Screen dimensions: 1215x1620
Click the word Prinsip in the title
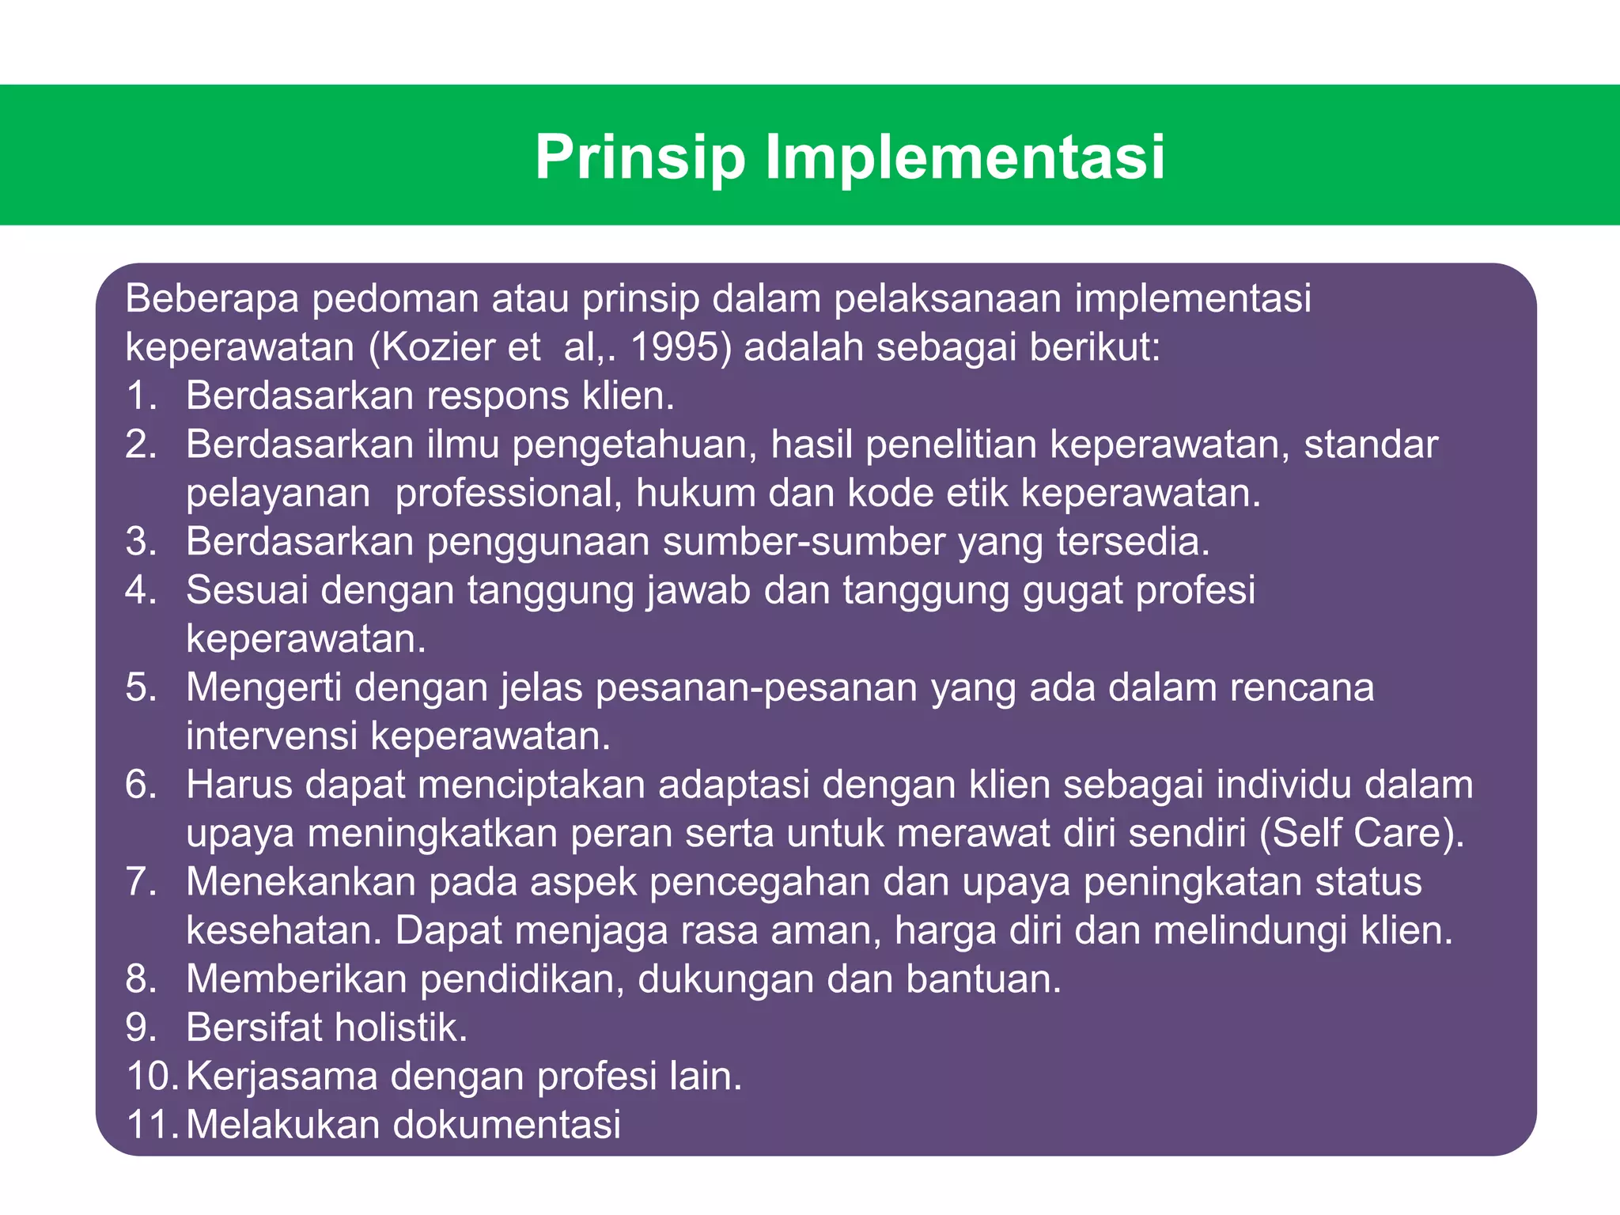click(640, 157)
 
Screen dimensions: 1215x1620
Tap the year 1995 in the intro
click(679, 347)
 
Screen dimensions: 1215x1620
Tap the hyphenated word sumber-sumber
click(804, 542)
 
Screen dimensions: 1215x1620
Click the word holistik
click(400, 1028)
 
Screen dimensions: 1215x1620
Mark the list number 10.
click(152, 1077)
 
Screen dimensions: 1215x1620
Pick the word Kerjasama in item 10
click(282, 1077)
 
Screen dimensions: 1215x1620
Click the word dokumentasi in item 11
click(507, 1125)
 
